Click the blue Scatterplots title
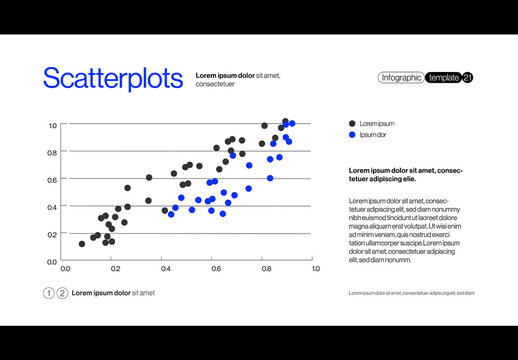[112, 79]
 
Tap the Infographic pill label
[401, 78]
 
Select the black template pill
[443, 78]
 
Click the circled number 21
[468, 78]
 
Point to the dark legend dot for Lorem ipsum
[352, 123]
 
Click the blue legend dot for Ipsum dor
[352, 134]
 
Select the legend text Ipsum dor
[373, 134]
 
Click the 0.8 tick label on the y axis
[51, 153]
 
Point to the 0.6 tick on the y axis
[51, 180]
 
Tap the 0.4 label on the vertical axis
[51, 207]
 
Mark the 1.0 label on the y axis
[51, 126]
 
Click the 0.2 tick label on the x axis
[115, 269]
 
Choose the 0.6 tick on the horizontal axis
[215, 269]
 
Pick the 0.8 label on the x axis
[265, 269]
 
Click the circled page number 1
[49, 293]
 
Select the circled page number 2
[62, 293]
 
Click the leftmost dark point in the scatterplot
[82, 243]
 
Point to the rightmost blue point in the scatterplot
[292, 124]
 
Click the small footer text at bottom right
[411, 293]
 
